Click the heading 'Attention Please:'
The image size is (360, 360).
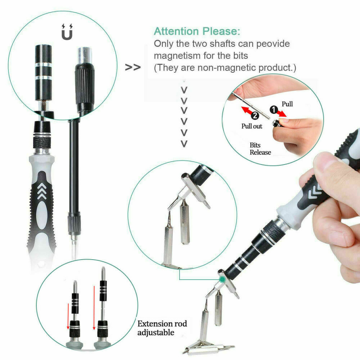click(x=197, y=31)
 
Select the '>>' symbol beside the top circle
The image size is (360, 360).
click(x=132, y=67)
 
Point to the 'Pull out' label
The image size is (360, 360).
click(x=252, y=126)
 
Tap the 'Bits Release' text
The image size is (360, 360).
click(x=260, y=149)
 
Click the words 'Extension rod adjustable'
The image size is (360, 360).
click(x=162, y=328)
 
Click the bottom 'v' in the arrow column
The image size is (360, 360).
click(x=184, y=144)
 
